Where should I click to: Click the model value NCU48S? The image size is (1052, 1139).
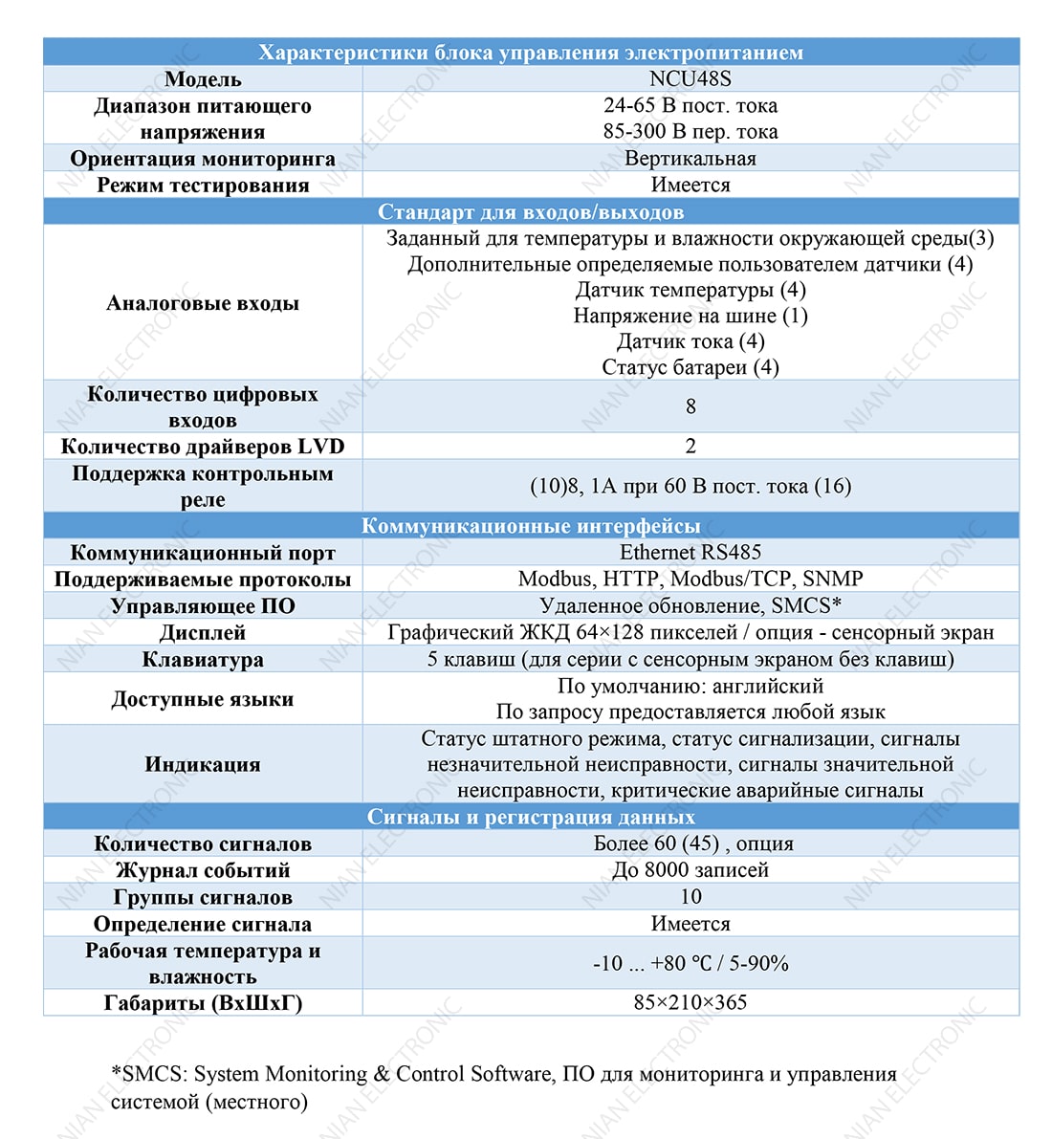(x=690, y=79)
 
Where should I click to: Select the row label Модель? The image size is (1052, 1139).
(x=203, y=79)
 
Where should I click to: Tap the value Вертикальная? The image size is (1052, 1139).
(x=690, y=159)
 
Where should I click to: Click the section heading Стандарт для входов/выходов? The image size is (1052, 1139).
(x=531, y=211)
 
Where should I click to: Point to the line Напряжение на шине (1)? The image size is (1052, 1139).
(x=690, y=316)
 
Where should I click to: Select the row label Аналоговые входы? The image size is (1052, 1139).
(x=203, y=303)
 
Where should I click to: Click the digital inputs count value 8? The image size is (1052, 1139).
(x=690, y=406)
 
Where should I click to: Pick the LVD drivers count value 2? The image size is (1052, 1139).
(x=690, y=447)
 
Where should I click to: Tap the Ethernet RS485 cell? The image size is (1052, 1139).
(x=690, y=553)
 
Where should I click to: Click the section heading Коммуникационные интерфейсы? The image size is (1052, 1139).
(x=531, y=526)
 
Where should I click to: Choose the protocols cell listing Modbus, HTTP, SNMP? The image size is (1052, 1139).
(x=690, y=579)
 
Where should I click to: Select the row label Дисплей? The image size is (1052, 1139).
(x=203, y=633)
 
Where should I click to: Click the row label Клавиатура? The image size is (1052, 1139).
(x=203, y=660)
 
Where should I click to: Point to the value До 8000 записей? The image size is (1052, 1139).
(x=690, y=870)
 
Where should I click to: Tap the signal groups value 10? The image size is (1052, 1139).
(x=690, y=897)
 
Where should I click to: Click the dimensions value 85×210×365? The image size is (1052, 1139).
(x=690, y=1002)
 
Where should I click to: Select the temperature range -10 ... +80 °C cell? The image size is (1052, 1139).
(x=690, y=963)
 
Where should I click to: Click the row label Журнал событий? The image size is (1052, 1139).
(x=203, y=870)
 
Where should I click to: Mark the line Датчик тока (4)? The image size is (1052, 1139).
(x=690, y=341)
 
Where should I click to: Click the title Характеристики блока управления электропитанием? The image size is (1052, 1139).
(x=531, y=53)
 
